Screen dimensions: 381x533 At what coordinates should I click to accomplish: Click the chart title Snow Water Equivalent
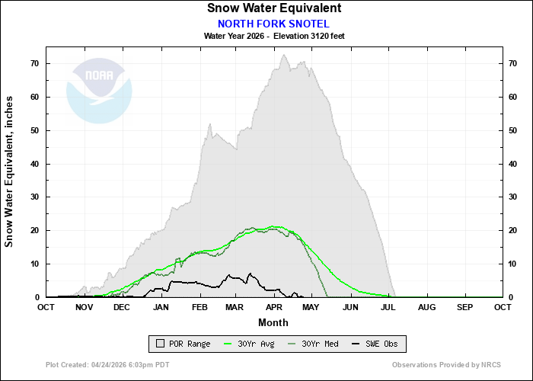point(274,8)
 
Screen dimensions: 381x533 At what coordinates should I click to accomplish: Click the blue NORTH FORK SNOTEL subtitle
point(274,23)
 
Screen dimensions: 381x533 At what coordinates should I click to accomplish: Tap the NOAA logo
point(99,91)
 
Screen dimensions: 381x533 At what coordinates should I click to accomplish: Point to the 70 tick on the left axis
point(35,63)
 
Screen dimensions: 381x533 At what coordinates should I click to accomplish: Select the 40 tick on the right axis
point(514,163)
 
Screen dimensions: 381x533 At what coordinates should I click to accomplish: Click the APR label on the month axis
point(273,307)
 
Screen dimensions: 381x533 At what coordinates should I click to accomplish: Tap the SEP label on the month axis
point(464,307)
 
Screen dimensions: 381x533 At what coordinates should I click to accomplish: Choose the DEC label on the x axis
point(122,307)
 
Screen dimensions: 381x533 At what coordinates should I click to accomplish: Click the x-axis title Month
point(274,322)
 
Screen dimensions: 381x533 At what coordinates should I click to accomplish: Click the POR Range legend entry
point(182,344)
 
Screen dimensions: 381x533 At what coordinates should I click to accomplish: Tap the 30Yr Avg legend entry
point(251,344)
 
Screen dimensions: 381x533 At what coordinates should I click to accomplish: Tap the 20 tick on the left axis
point(35,230)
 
